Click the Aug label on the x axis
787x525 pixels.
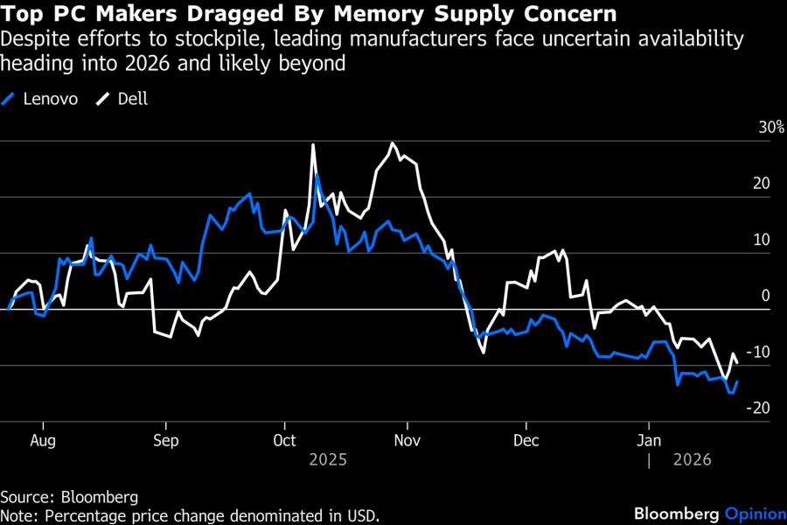coord(43,440)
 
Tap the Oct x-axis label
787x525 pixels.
coord(284,440)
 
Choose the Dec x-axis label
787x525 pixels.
coord(526,440)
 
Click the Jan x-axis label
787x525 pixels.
coord(647,440)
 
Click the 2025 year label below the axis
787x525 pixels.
coord(329,459)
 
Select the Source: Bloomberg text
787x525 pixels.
coord(69,497)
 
